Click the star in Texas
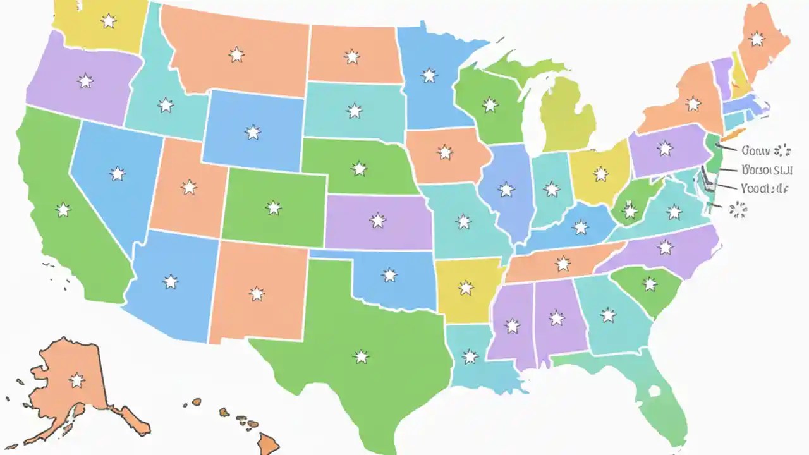(361, 357)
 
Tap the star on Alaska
(76, 380)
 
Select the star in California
(63, 210)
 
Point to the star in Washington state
(109, 21)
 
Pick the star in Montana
(236, 55)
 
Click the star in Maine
(757, 39)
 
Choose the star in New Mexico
(256, 294)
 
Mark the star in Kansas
(377, 221)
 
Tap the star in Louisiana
(470, 356)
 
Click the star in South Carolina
(650, 284)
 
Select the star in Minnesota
(429, 76)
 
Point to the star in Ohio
(600, 174)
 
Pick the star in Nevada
(117, 174)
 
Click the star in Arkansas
(466, 288)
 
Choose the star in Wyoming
(253, 132)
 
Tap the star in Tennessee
(563, 264)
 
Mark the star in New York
(693, 104)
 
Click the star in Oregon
(85, 81)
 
